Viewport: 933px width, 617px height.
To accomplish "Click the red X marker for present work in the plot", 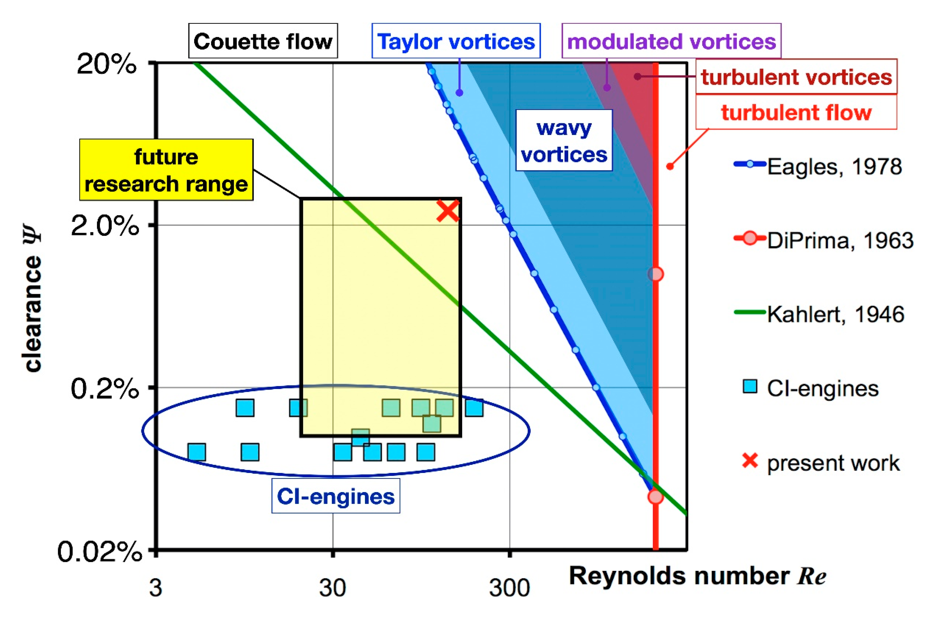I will coord(448,211).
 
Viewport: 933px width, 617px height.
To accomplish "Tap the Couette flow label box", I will coord(263,41).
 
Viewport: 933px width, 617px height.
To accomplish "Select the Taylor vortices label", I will coord(456,41).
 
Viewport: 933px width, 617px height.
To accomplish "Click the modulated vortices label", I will coord(671,41).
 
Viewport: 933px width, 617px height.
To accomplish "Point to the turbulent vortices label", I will coord(796,77).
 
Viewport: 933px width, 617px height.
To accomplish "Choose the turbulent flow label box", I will coord(796,113).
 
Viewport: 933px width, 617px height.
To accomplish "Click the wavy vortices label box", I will coord(564,141).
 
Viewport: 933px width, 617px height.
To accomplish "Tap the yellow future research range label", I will coord(166,170).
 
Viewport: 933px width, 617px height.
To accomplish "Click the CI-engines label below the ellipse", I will coord(335,496).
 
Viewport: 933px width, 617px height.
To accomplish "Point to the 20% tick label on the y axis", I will coord(106,64).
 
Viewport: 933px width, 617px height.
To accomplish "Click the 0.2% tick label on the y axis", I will coord(104,389).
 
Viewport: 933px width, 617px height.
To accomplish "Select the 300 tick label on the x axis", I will coord(509,588).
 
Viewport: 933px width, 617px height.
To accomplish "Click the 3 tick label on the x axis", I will coord(155,588).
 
